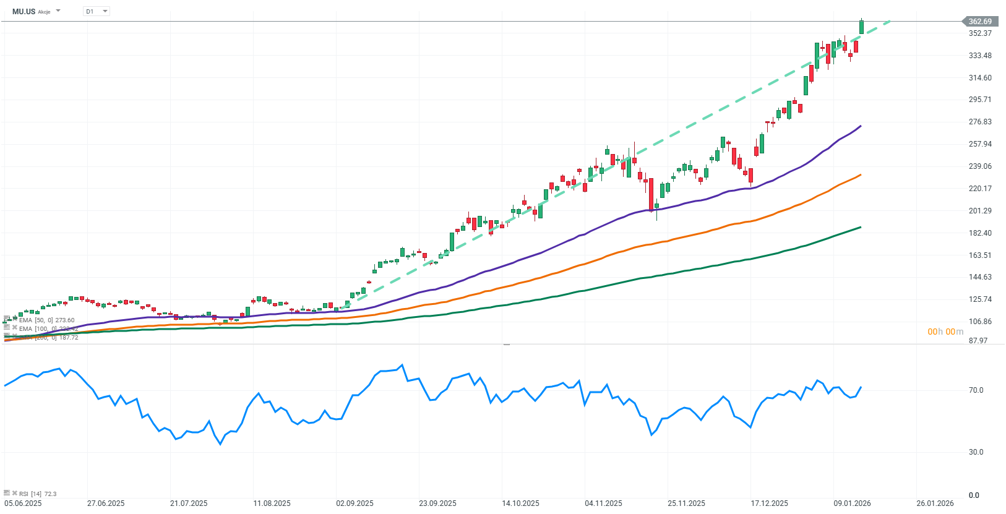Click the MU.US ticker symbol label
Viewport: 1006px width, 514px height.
[24, 11]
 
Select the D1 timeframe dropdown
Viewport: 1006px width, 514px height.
[96, 11]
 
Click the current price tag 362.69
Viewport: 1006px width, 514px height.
[980, 22]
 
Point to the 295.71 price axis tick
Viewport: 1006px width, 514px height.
[980, 100]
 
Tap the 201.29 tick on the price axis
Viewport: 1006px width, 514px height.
[980, 211]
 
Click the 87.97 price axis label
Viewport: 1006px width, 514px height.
[978, 341]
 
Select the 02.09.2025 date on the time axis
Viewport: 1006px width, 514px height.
[355, 503]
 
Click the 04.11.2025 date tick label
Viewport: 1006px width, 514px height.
[603, 503]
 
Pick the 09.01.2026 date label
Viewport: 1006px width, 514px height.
[852, 503]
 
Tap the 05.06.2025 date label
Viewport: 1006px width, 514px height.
[23, 503]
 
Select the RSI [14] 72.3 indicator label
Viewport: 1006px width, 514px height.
[37, 494]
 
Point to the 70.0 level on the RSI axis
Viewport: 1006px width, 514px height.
[976, 390]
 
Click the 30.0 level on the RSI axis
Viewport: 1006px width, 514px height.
[976, 452]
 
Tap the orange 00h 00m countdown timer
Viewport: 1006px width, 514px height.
[945, 332]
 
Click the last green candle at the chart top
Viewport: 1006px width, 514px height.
[861, 27]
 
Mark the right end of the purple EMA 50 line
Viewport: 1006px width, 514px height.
[861, 126]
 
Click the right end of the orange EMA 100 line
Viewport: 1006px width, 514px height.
[861, 175]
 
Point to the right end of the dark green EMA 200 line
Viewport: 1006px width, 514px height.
[861, 227]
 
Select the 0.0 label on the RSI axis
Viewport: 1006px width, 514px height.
[974, 495]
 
